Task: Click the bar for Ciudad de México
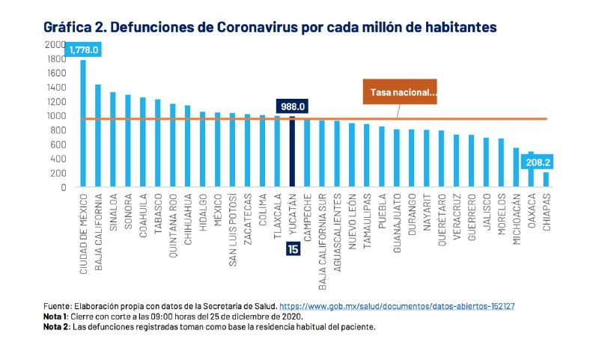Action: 82,123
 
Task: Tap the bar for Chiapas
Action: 546,180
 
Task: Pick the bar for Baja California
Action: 97,135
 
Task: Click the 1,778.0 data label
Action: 84,49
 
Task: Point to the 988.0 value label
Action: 292,106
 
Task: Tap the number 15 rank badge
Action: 293,249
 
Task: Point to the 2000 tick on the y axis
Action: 55,44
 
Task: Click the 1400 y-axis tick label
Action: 55,88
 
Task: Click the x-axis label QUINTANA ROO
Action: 173,223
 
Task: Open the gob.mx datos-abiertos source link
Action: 397,307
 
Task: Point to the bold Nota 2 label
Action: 57,327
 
